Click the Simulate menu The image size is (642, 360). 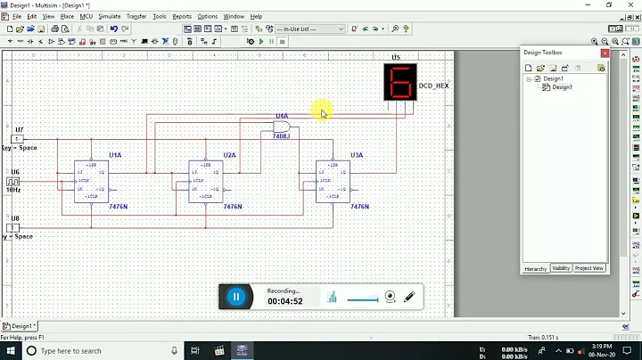110,16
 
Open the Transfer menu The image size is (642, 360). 136,16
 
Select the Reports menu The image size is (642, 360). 182,16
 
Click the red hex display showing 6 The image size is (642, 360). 400,83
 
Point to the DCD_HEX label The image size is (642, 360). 433,86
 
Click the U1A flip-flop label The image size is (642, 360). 115,155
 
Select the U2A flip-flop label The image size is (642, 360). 229,155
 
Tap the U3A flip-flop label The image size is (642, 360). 356,155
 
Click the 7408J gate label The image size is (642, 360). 282,136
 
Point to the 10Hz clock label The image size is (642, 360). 13,190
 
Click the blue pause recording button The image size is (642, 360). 235,298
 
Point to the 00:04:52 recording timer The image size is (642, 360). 285,301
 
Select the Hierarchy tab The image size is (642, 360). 535,268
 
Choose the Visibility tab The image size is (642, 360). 561,268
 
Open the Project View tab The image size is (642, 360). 589,268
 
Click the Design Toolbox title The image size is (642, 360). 543,53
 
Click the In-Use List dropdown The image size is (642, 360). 309,29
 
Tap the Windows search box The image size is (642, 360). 98,351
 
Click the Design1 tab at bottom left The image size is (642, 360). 20,326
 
